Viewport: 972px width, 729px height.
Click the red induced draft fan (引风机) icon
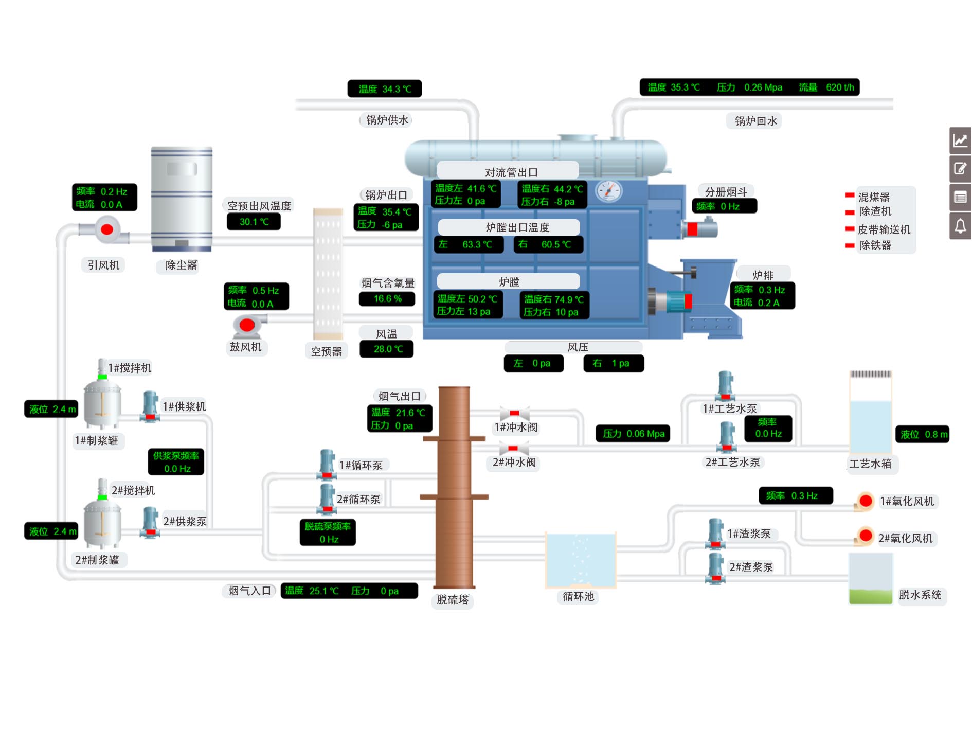click(x=107, y=229)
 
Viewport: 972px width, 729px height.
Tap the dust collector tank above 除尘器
click(x=182, y=198)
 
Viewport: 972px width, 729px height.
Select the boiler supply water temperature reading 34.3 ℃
click(x=385, y=89)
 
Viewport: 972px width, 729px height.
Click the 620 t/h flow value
click(x=840, y=87)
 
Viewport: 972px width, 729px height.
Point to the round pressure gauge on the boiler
click(x=608, y=191)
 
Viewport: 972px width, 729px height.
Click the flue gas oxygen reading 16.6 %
click(x=387, y=299)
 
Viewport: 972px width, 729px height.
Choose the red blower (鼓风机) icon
click(x=247, y=325)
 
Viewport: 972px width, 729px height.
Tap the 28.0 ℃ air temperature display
click(x=387, y=349)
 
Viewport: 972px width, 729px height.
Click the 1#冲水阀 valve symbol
click(x=514, y=414)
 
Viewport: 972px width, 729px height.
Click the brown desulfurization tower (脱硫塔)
click(x=454, y=486)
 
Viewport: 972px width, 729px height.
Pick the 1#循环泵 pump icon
click(x=327, y=464)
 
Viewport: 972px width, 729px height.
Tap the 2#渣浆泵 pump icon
click(x=715, y=568)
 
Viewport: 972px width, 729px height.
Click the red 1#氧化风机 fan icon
click(x=866, y=501)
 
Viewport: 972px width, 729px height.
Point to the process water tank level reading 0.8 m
click(x=923, y=435)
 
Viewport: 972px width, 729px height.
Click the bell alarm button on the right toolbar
click(x=960, y=226)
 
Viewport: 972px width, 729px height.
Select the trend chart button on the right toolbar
click(x=960, y=140)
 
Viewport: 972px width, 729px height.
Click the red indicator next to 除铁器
click(x=850, y=245)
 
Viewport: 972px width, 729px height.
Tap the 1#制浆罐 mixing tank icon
click(x=102, y=404)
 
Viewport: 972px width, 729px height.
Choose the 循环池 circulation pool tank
click(x=581, y=560)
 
